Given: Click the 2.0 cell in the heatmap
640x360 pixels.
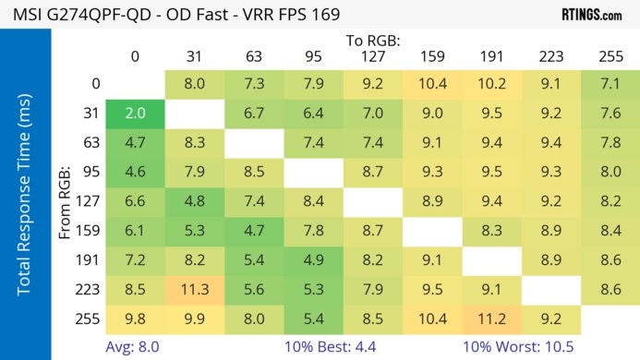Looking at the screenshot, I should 136,114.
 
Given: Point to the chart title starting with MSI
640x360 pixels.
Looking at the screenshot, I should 175,15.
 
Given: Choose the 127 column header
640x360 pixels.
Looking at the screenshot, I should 372,56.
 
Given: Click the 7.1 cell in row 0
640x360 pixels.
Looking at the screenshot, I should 609,84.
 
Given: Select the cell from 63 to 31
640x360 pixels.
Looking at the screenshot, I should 195,143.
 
